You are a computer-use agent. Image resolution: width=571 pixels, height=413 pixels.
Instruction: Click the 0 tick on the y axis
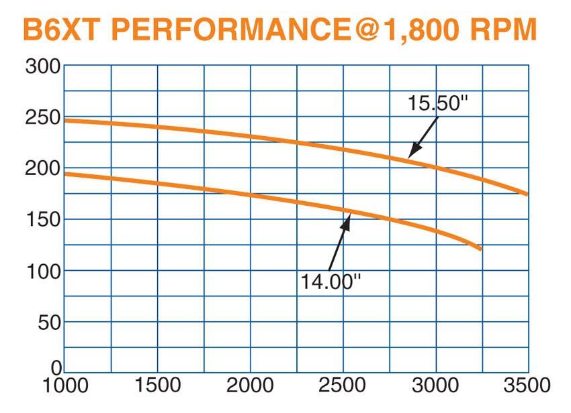56,367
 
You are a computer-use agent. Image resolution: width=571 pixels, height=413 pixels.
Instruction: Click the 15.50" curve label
437,105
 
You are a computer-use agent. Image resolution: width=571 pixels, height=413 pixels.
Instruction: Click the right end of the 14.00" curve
480,249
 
